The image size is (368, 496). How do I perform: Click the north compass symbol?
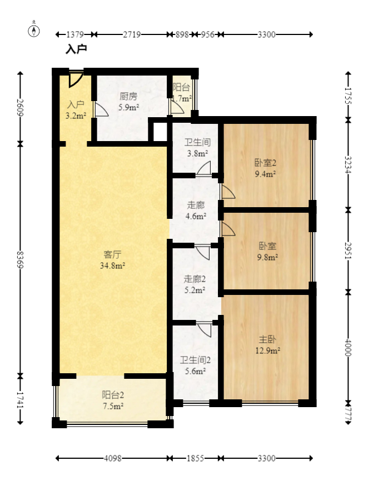(33, 31)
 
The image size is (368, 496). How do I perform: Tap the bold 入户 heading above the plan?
(76, 49)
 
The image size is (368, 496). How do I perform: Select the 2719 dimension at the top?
(132, 34)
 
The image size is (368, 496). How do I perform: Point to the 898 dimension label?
(182, 34)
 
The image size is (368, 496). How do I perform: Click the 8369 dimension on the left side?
(20, 259)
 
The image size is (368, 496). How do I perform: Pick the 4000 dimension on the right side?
(348, 347)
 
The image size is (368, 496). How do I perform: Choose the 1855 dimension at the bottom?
(195, 458)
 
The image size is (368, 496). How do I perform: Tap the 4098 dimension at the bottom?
(112, 458)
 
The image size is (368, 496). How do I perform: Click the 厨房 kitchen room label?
(128, 96)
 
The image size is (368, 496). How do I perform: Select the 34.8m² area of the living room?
(112, 265)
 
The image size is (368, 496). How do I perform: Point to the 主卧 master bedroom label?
(267, 339)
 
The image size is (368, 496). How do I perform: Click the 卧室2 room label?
(265, 163)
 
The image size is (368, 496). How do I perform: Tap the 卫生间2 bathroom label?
(196, 360)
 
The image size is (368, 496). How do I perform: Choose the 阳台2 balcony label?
(113, 395)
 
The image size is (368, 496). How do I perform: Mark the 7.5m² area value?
(113, 406)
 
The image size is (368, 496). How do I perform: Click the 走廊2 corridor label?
(195, 279)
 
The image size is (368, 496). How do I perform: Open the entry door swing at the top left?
(76, 79)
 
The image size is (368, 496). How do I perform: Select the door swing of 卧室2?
(228, 192)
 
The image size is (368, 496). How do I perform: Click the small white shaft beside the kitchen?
(160, 132)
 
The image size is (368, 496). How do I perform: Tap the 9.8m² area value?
(267, 257)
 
